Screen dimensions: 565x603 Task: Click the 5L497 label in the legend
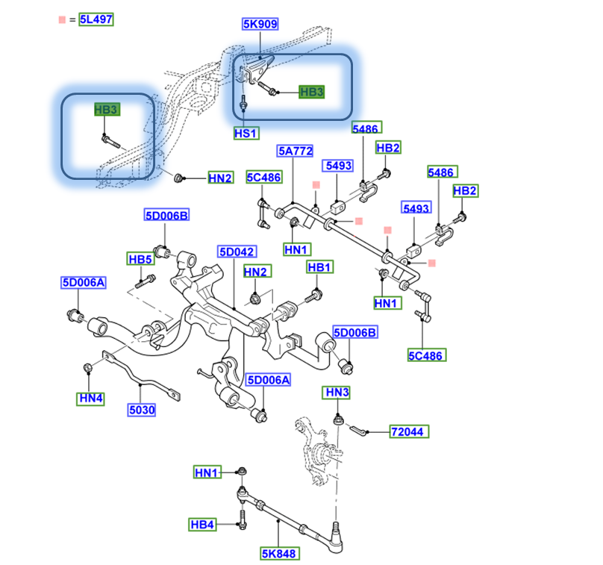97,20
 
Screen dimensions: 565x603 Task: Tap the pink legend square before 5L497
61,20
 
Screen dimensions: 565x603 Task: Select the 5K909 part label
260,25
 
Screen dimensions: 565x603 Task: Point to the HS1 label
246,134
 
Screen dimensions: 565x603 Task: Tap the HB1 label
319,267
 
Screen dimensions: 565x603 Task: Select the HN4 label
90,399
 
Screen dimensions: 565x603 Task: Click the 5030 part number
141,410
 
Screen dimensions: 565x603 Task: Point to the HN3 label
337,393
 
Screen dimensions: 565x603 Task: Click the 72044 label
409,431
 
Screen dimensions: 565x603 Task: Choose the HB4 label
201,525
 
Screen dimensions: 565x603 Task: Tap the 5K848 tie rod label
278,554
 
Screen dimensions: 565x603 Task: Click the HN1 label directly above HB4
207,472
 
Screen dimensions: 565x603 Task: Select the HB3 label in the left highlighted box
107,110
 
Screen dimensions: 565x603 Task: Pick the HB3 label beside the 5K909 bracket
311,93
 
